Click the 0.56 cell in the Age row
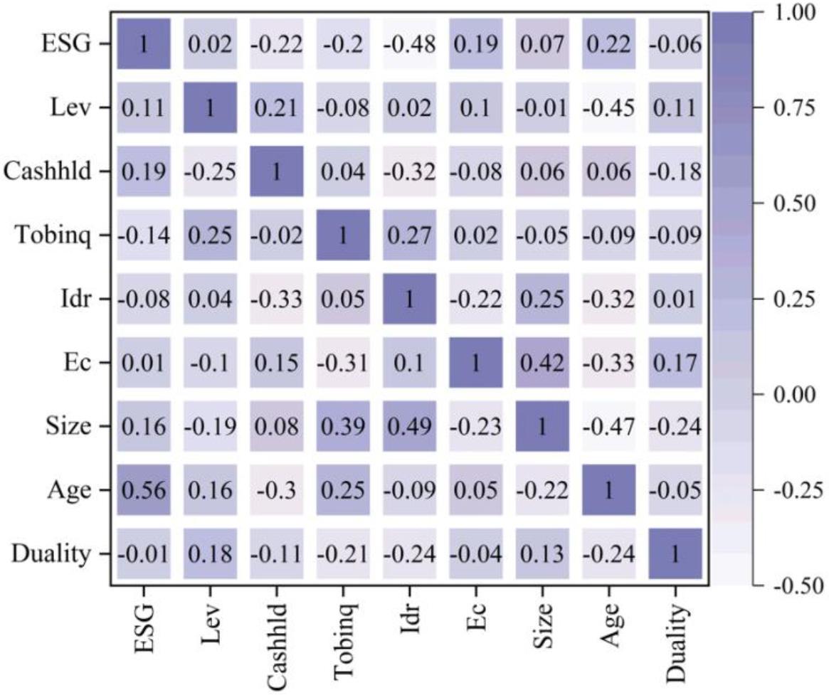pos(142,489)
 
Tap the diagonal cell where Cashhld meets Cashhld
pos(276,171)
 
